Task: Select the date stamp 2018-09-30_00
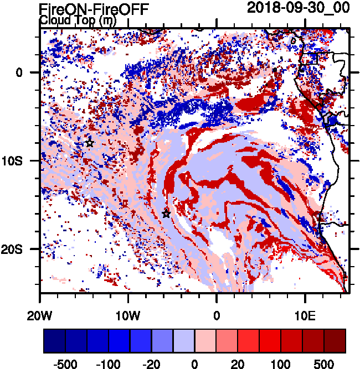coord(298,8)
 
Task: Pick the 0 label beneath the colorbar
coord(194,365)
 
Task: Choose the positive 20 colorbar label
coord(238,365)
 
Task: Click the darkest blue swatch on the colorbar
coord(54,340)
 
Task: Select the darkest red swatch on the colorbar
coord(335,340)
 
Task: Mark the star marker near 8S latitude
coord(90,143)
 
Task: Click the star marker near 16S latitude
coord(166,214)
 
